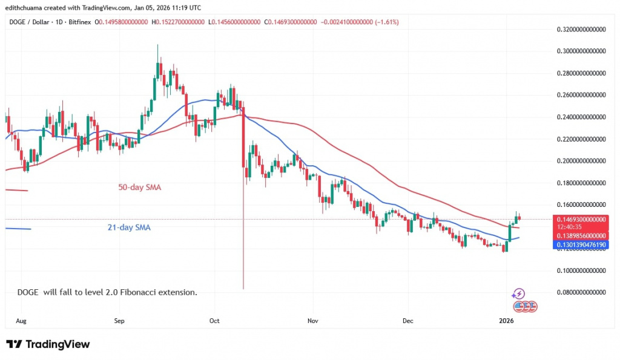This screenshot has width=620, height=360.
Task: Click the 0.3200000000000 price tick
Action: (x=581, y=29)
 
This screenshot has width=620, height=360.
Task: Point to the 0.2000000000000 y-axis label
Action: (x=581, y=160)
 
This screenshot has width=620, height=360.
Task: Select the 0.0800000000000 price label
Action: (x=581, y=292)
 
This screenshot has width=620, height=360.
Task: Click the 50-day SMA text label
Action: (x=140, y=188)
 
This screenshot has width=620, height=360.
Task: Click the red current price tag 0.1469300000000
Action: (x=581, y=219)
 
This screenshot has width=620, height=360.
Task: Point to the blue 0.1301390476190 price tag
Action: (x=581, y=244)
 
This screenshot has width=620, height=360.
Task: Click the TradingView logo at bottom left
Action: (x=48, y=344)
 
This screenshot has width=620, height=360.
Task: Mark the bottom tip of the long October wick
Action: (x=243, y=289)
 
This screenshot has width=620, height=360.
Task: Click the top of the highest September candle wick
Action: (x=157, y=44)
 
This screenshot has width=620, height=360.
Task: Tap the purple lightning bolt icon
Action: (x=518, y=294)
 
